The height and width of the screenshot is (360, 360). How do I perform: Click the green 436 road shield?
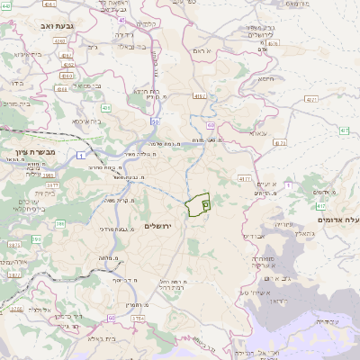tap(106, 108)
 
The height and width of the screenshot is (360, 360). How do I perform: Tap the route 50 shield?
tap(155, 121)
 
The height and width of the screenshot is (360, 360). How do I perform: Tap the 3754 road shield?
tap(138, 318)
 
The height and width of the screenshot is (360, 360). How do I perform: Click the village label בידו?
tap(16, 82)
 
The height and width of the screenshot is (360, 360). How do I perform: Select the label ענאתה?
tap(258, 132)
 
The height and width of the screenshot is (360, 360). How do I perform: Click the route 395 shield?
tap(13, 245)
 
